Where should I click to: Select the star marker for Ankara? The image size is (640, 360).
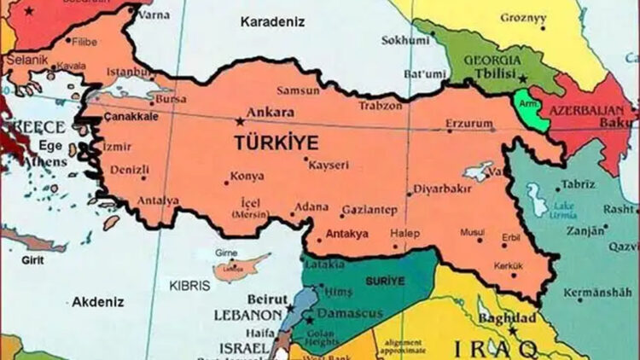(239, 122)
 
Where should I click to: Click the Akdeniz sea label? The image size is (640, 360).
(98, 302)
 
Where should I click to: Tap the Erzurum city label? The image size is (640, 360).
(468, 125)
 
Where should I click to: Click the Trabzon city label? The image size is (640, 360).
(379, 106)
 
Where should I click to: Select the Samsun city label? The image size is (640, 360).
(297, 90)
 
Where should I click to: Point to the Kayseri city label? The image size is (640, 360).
(329, 164)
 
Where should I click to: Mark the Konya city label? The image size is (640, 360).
(247, 178)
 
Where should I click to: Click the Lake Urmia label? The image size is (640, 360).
(562, 210)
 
